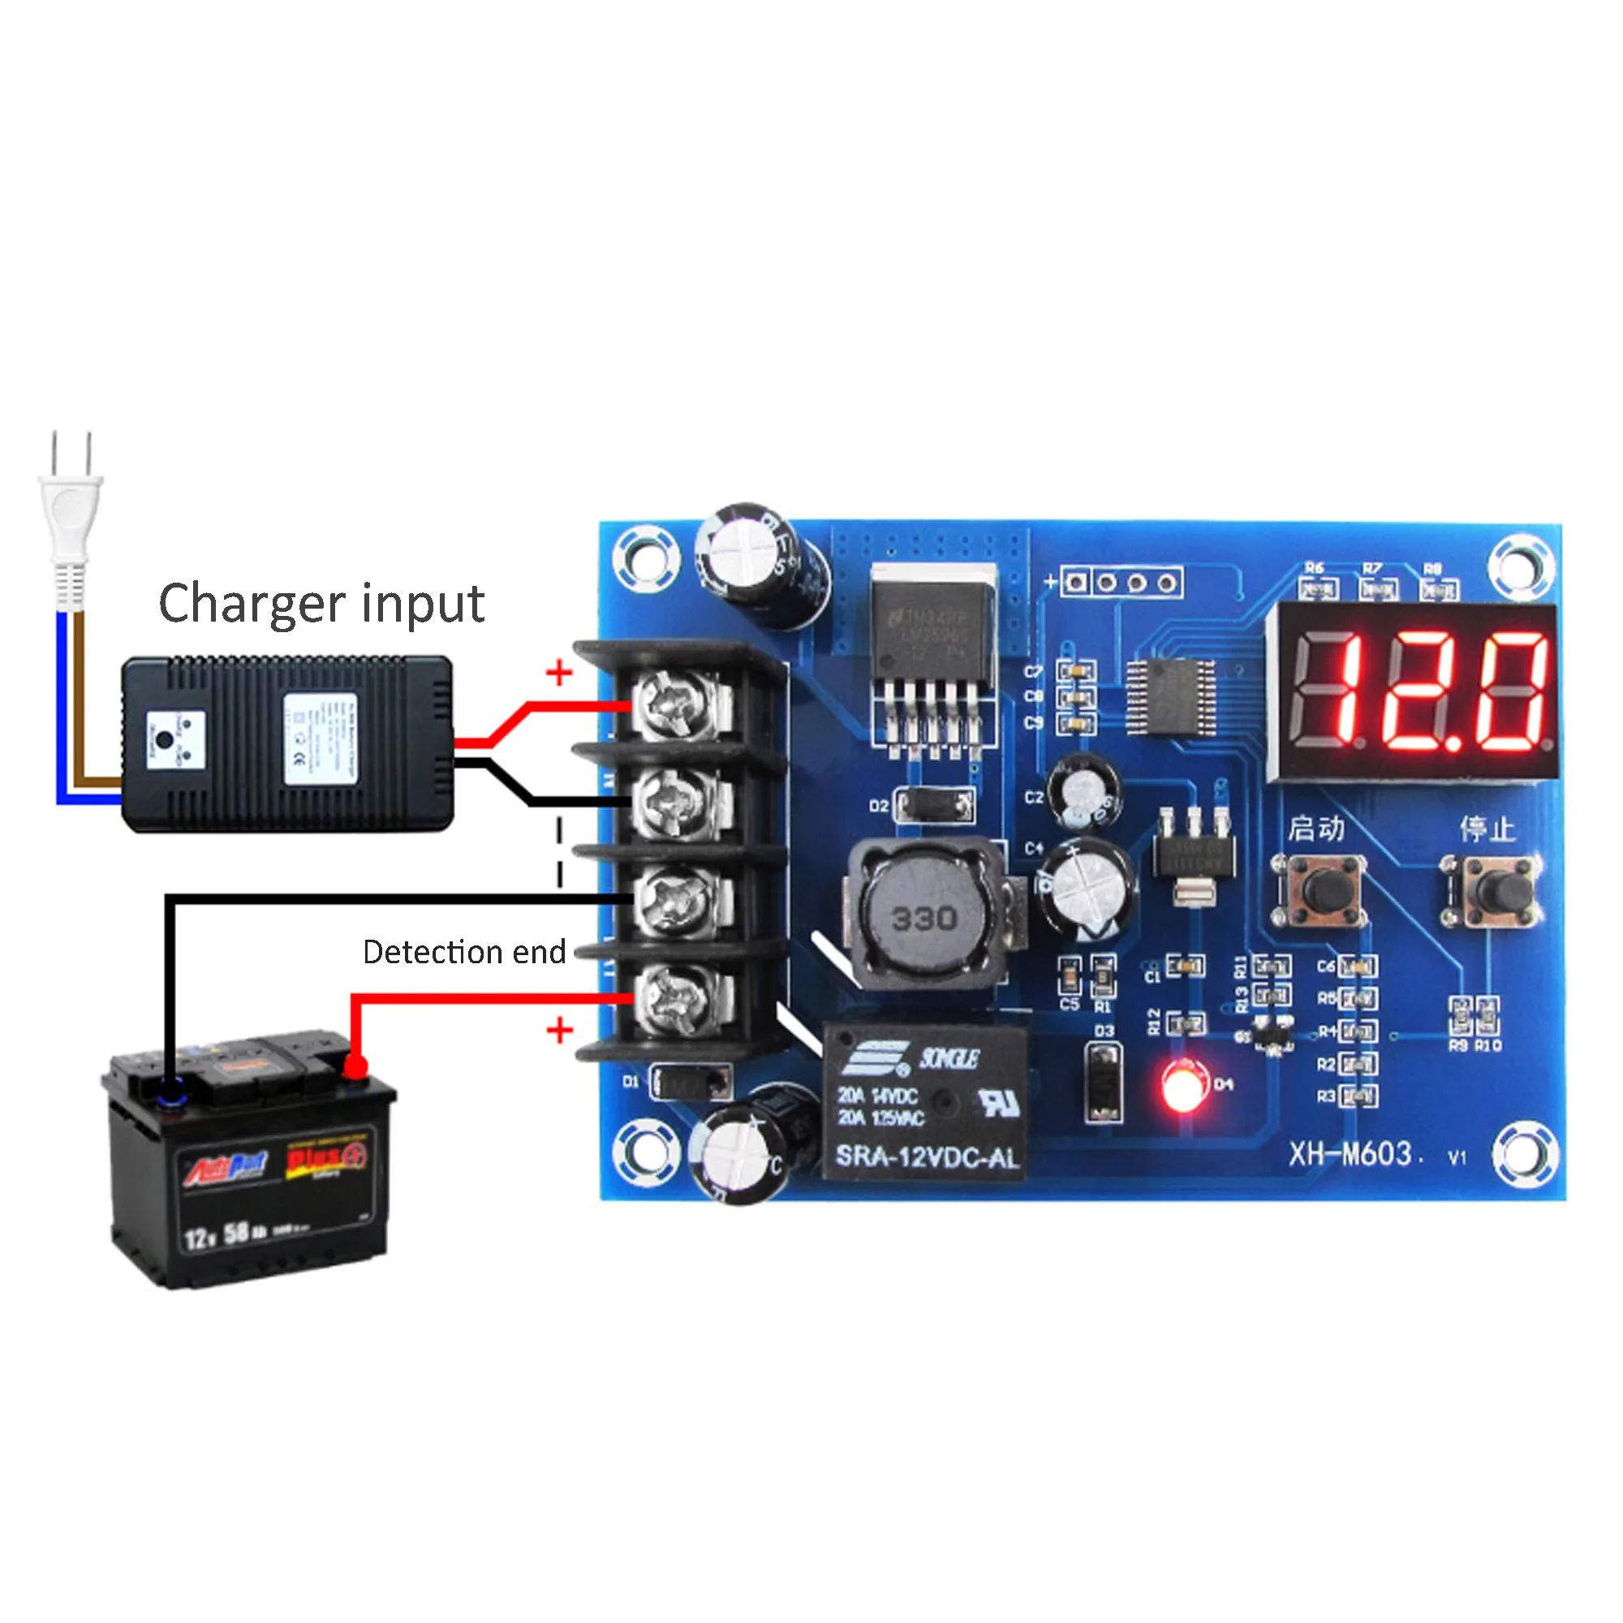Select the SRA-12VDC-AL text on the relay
click(927, 1159)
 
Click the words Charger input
click(321, 604)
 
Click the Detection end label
click(463, 953)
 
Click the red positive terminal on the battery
click(355, 1068)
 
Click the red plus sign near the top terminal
click(558, 672)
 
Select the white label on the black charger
click(319, 739)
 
